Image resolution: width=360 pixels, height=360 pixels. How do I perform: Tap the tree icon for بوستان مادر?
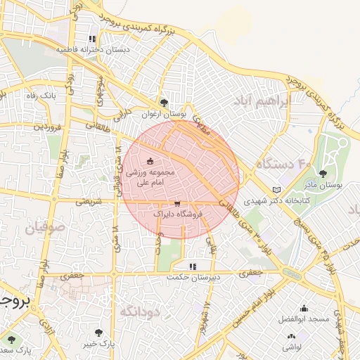323,174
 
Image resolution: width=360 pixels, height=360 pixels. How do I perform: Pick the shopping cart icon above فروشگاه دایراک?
166,202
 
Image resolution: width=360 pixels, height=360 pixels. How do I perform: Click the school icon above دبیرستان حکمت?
192,266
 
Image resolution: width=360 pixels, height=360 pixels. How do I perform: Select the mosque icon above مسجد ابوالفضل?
304,308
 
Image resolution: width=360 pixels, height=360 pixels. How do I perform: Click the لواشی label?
292,347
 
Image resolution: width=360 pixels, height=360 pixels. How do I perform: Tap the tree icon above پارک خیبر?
97,333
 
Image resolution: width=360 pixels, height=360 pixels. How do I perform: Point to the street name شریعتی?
89,201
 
